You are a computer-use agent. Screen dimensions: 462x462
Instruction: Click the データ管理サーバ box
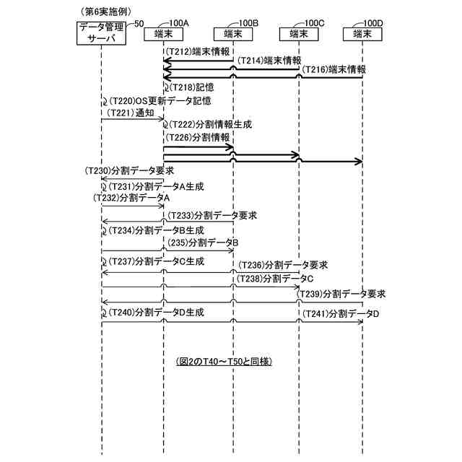coord(102,32)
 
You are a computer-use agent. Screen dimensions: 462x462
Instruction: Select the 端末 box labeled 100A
coord(164,33)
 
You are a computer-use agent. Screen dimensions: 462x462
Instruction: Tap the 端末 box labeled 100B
coord(233,33)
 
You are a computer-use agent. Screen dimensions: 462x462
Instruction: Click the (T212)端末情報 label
coord(199,52)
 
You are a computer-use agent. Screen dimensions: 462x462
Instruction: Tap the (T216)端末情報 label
coord(334,70)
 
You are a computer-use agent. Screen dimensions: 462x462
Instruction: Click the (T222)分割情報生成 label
coord(209,125)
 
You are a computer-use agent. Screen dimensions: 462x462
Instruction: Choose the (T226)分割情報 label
coord(198,137)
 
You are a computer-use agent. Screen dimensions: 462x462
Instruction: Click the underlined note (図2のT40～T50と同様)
coord(227,359)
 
